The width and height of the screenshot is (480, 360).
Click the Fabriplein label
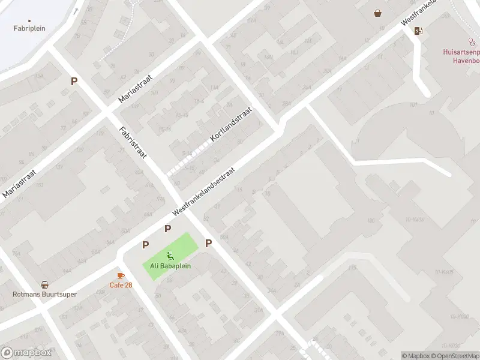(x=29, y=28)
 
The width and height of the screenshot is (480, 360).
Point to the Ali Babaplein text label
(x=170, y=266)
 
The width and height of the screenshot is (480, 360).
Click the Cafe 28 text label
(x=121, y=284)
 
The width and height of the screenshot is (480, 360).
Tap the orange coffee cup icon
(x=121, y=275)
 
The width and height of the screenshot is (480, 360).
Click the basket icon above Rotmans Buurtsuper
(x=44, y=285)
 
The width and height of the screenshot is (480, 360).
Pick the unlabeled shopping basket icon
(x=377, y=13)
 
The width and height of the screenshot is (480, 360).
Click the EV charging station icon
(x=418, y=31)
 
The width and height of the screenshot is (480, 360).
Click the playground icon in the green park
(x=170, y=256)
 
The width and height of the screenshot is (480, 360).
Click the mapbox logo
(x=26, y=353)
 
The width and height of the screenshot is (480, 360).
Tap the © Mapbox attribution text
(x=415, y=356)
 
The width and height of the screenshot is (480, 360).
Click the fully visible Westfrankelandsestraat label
(x=203, y=191)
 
